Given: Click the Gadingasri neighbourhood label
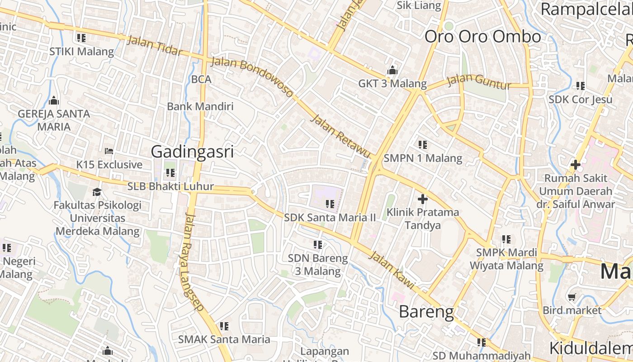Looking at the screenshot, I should pos(192,152).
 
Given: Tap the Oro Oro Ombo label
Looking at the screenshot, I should pos(482,37).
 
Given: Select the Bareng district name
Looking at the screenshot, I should pos(426,312).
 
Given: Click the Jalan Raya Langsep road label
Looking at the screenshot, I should pos(194,262).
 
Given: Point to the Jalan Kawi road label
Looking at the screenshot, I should pos(392,270).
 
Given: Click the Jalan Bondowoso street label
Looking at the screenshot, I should pos(252,77).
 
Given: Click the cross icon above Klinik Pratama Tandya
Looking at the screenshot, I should pos(423,199).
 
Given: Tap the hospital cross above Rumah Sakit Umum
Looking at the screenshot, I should pos(575,165).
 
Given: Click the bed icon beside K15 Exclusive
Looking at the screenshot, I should pos(109,151).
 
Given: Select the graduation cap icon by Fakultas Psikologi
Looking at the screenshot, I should pos(97,192).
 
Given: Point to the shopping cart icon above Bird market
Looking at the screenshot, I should pos(572,297).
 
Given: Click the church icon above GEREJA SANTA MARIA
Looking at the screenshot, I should pos(54,100).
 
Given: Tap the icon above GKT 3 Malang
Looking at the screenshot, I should pos(392,70).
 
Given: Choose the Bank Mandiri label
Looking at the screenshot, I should pos(200,106).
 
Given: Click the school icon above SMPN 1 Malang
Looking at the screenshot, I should pos(423,145).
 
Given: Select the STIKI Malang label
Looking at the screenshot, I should pos(81,51).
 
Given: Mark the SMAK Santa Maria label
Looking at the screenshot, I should pos(224,339).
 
